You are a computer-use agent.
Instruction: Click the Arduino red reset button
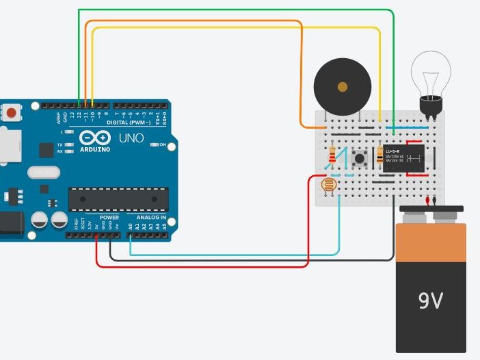[x=12, y=112]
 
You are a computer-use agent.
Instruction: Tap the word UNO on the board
[x=131, y=138]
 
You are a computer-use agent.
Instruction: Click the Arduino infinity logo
[x=95, y=138]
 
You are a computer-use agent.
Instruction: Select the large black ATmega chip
[x=118, y=198]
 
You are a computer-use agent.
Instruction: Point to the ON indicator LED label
[x=163, y=145]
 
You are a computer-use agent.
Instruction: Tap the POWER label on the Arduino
[x=109, y=218]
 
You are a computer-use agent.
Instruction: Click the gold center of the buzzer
[x=342, y=87]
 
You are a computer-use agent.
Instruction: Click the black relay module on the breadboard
[x=404, y=158]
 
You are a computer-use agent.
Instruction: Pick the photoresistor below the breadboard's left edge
[x=330, y=184]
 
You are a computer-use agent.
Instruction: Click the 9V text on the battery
[x=430, y=300]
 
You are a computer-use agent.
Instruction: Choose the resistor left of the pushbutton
[x=333, y=155]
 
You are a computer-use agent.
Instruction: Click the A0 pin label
[x=131, y=225]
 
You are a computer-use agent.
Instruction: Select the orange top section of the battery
[x=431, y=243]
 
